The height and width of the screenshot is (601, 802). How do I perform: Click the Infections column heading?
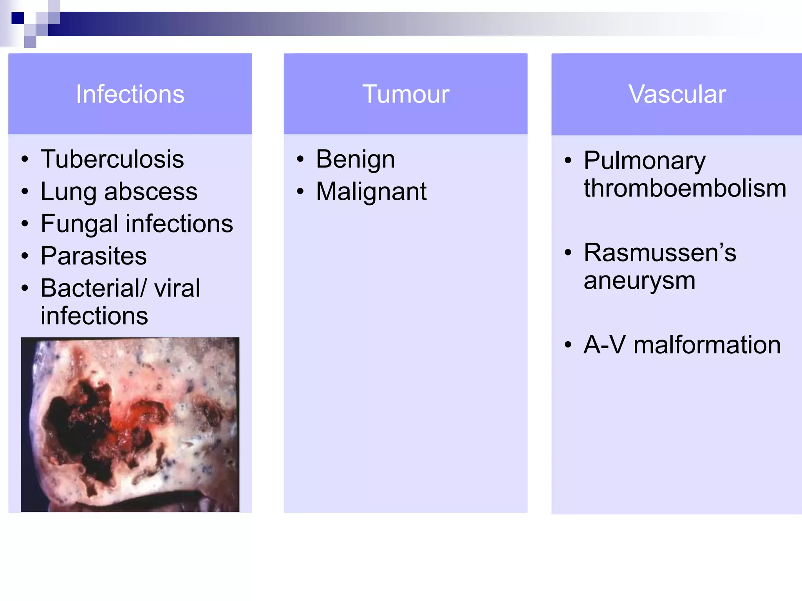[130, 94]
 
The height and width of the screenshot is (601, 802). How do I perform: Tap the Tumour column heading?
[406, 94]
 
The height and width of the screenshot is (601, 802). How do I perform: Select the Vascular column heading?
[677, 94]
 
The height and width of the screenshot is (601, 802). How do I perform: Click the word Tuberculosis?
[112, 159]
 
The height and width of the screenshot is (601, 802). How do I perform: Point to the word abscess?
[151, 191]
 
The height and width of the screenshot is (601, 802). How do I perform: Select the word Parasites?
[94, 256]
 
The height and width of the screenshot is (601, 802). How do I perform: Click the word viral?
[177, 288]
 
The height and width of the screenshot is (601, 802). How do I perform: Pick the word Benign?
[355, 159]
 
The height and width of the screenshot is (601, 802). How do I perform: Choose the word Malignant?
[371, 191]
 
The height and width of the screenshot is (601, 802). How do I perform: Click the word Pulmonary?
[644, 160]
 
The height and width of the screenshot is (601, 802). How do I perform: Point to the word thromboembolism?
[685, 188]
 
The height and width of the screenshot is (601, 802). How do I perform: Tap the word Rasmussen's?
[660, 252]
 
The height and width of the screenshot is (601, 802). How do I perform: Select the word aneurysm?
[639, 281]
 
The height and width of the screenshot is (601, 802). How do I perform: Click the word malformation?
[707, 345]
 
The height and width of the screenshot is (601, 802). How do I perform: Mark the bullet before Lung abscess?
[25, 191]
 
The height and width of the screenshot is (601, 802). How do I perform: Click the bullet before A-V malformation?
[568, 345]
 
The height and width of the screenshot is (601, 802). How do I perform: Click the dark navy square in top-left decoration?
[18, 18]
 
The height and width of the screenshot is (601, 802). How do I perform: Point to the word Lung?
[69, 191]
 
